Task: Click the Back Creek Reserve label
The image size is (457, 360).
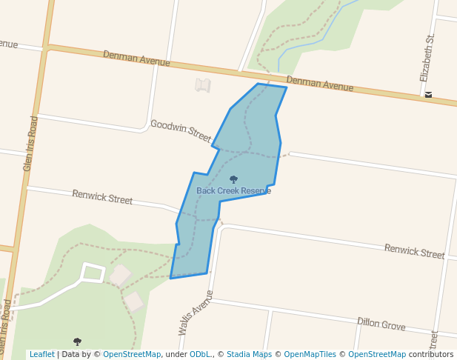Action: pyautogui.click(x=233, y=191)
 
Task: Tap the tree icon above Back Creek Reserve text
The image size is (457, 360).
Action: pyautogui.click(x=233, y=179)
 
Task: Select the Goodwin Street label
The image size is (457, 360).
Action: pyautogui.click(x=181, y=130)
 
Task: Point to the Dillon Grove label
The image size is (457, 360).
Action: pyautogui.click(x=381, y=323)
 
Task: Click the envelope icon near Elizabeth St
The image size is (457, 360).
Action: pyautogui.click(x=428, y=95)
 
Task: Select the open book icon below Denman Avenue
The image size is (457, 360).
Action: pyautogui.click(x=202, y=85)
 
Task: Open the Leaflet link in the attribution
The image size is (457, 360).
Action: pyautogui.click(x=41, y=355)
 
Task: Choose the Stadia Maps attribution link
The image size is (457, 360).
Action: pyautogui.click(x=248, y=355)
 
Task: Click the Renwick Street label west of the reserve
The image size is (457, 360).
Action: pyautogui.click(x=102, y=197)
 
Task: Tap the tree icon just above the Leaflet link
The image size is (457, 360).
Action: pyautogui.click(x=77, y=341)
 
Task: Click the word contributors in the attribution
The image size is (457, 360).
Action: pyautogui.click(x=430, y=355)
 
